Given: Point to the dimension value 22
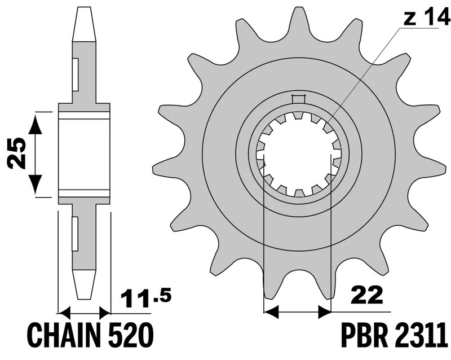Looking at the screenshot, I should coord(367,295).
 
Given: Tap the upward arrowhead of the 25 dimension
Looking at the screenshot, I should coord(36,122).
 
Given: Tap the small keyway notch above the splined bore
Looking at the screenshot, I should coord(298,100).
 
